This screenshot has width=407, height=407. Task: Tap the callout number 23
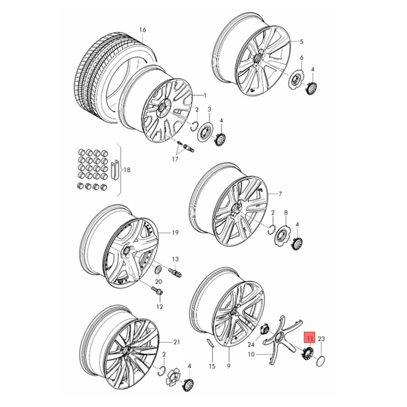pos(321,338)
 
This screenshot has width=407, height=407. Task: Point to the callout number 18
pos(127,170)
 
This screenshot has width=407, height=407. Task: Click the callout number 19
pos(176,233)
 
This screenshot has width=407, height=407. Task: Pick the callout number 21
pos(177,341)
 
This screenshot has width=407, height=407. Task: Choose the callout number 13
pos(176,259)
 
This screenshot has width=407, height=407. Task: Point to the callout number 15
pos(212,366)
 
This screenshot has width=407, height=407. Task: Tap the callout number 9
pos(228,366)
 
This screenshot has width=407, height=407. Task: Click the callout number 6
pos(301,57)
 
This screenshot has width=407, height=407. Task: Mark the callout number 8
pos(286,212)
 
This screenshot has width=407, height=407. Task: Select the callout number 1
pos(205,95)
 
